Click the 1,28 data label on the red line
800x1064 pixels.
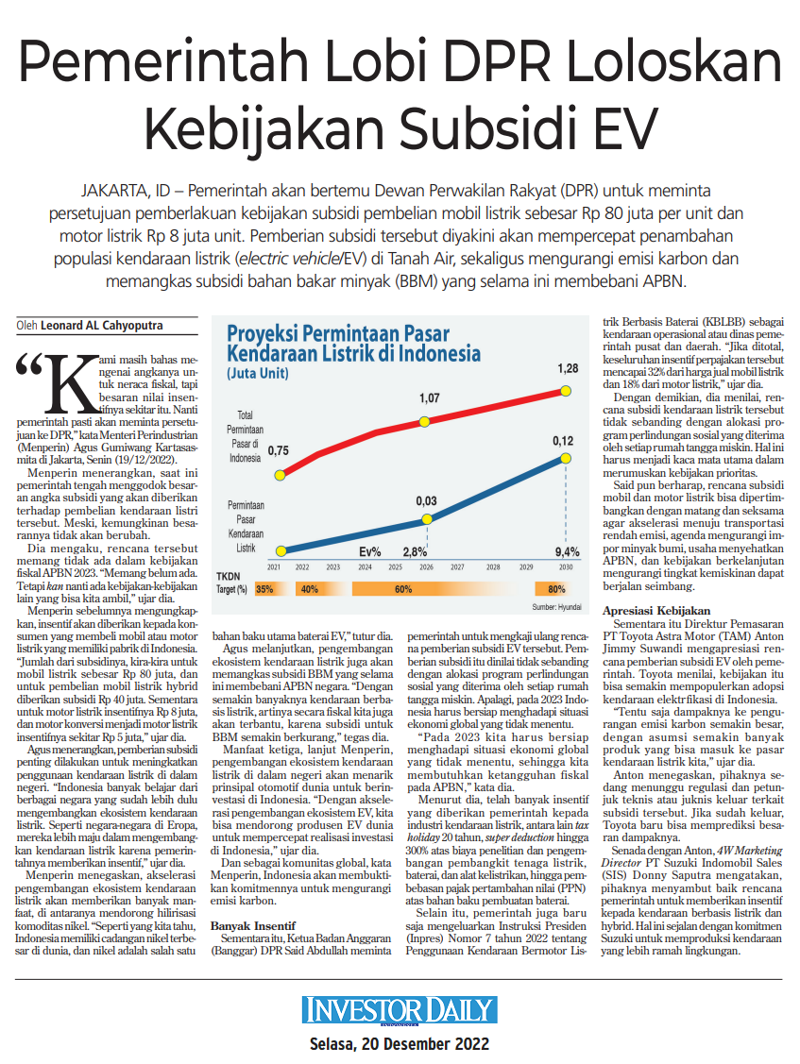tap(568, 368)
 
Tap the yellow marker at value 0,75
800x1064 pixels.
tap(280, 475)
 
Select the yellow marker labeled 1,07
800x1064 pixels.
tap(424, 421)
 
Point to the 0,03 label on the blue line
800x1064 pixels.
tap(427, 500)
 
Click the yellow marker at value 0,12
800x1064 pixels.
tap(565, 458)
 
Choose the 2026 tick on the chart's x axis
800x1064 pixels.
tap(427, 567)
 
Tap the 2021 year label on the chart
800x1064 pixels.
tap(274, 567)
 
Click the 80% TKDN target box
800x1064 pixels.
tap(557, 589)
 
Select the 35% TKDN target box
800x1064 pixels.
tap(264, 589)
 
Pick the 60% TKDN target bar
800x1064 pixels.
tap(403, 589)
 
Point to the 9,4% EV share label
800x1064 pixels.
tap(567, 552)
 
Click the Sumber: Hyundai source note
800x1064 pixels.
tap(557, 607)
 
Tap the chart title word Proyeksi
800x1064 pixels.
tap(263, 334)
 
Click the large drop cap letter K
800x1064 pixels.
tap(73, 383)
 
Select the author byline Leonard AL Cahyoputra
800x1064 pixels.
tap(102, 326)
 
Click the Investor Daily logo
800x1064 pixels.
tap(400, 1010)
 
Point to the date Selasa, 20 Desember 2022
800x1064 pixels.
tap(400, 1043)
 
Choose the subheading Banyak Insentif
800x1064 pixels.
tap(252, 925)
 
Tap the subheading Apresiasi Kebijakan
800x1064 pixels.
tap(656, 611)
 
